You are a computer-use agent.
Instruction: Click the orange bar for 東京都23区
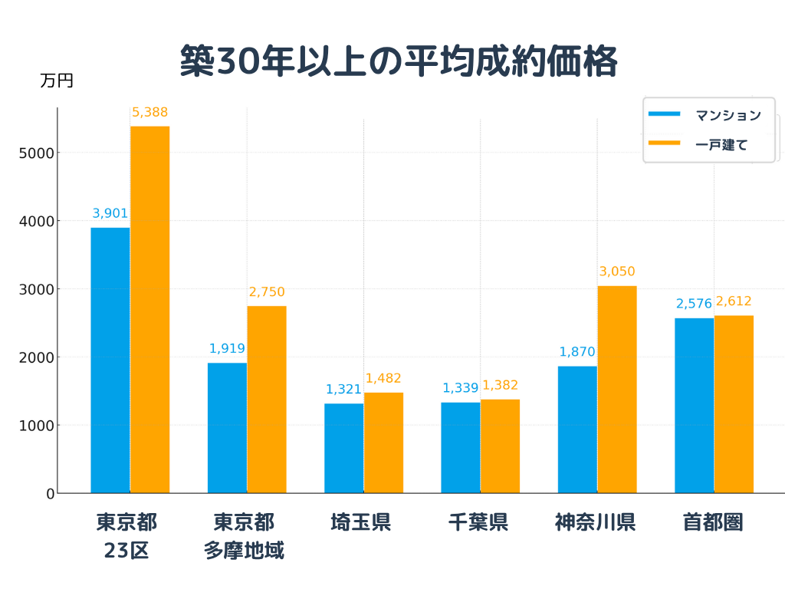(x=149, y=310)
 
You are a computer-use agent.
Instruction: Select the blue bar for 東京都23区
(x=110, y=360)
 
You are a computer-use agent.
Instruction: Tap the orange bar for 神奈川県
(x=616, y=390)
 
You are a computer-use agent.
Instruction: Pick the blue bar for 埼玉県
(x=343, y=449)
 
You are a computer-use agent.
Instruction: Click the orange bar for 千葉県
(x=500, y=446)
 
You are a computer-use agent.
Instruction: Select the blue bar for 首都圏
(x=694, y=406)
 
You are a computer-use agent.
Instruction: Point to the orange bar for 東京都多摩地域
(x=266, y=400)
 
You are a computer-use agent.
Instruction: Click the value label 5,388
(x=149, y=113)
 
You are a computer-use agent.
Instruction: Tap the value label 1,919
(x=227, y=349)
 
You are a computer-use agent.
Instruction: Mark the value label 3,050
(x=616, y=271)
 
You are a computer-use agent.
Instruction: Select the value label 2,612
(x=734, y=301)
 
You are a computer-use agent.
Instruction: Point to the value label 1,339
(x=460, y=388)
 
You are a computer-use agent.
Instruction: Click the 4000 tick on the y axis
(x=35, y=221)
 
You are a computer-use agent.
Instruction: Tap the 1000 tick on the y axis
(x=35, y=426)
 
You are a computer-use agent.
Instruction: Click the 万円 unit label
(x=57, y=81)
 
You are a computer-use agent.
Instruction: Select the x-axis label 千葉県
(x=480, y=523)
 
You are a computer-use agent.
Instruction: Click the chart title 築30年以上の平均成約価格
(x=399, y=61)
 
